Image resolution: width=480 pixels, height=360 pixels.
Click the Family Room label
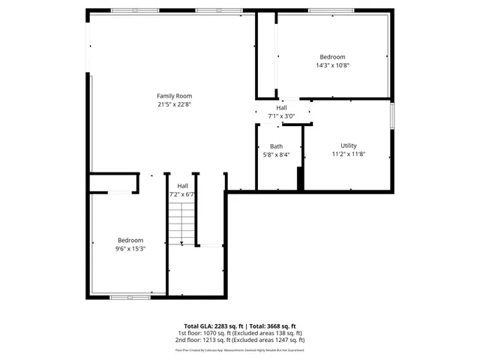[x=174, y=95]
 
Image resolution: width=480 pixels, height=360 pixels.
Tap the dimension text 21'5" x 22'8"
[x=174, y=104]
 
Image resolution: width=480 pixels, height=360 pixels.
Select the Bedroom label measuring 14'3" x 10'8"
[x=332, y=57]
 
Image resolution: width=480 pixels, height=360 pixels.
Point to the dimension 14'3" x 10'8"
[x=332, y=65]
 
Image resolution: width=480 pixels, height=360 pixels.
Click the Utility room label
[x=349, y=145]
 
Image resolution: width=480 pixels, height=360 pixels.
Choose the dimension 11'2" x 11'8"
[x=349, y=154]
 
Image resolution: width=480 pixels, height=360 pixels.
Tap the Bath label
[x=277, y=146]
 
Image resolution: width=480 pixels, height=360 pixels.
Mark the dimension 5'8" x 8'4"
[x=277, y=154]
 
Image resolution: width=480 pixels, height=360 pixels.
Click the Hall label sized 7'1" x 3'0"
[x=281, y=108]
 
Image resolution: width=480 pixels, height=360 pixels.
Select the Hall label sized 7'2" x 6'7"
[x=182, y=185]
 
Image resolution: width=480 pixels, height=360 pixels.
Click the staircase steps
[x=181, y=224]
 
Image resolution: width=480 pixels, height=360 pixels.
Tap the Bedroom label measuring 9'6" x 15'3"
[x=130, y=240]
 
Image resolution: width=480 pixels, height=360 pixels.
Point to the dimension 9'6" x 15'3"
[x=130, y=248]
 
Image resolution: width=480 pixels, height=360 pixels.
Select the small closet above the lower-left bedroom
[x=114, y=184]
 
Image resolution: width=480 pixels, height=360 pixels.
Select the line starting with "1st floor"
[x=240, y=333]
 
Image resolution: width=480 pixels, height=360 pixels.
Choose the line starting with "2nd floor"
[x=240, y=340]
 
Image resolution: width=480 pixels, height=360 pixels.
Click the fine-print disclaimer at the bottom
[x=240, y=349]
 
